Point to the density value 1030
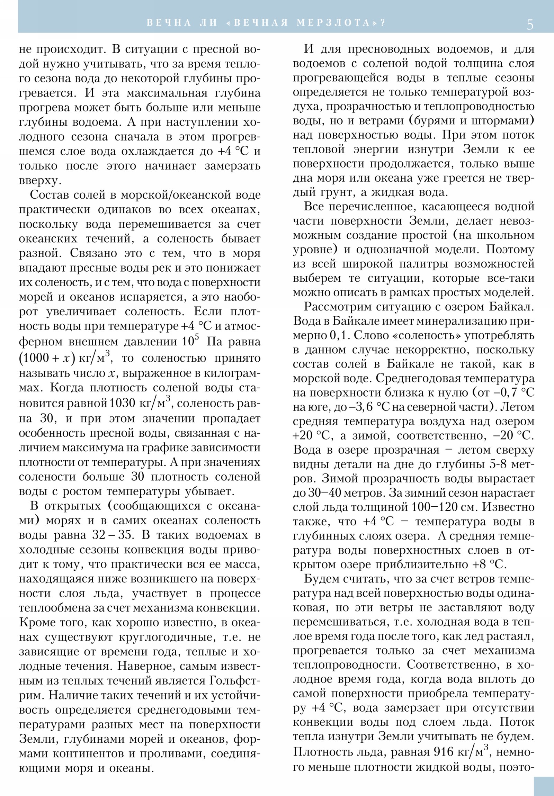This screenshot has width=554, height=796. [x=122, y=403]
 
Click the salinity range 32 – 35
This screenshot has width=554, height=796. [x=112, y=535]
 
